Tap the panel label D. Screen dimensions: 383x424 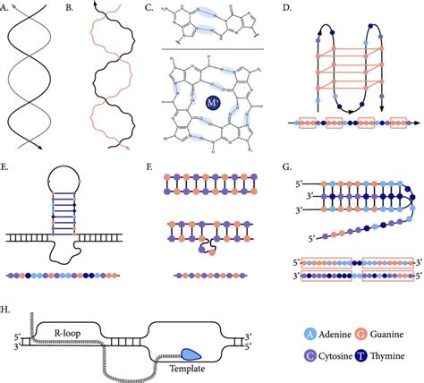[285, 10]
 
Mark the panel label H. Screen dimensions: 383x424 [8, 311]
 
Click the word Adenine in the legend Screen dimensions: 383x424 [333, 330]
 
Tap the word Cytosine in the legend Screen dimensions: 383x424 [334, 358]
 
